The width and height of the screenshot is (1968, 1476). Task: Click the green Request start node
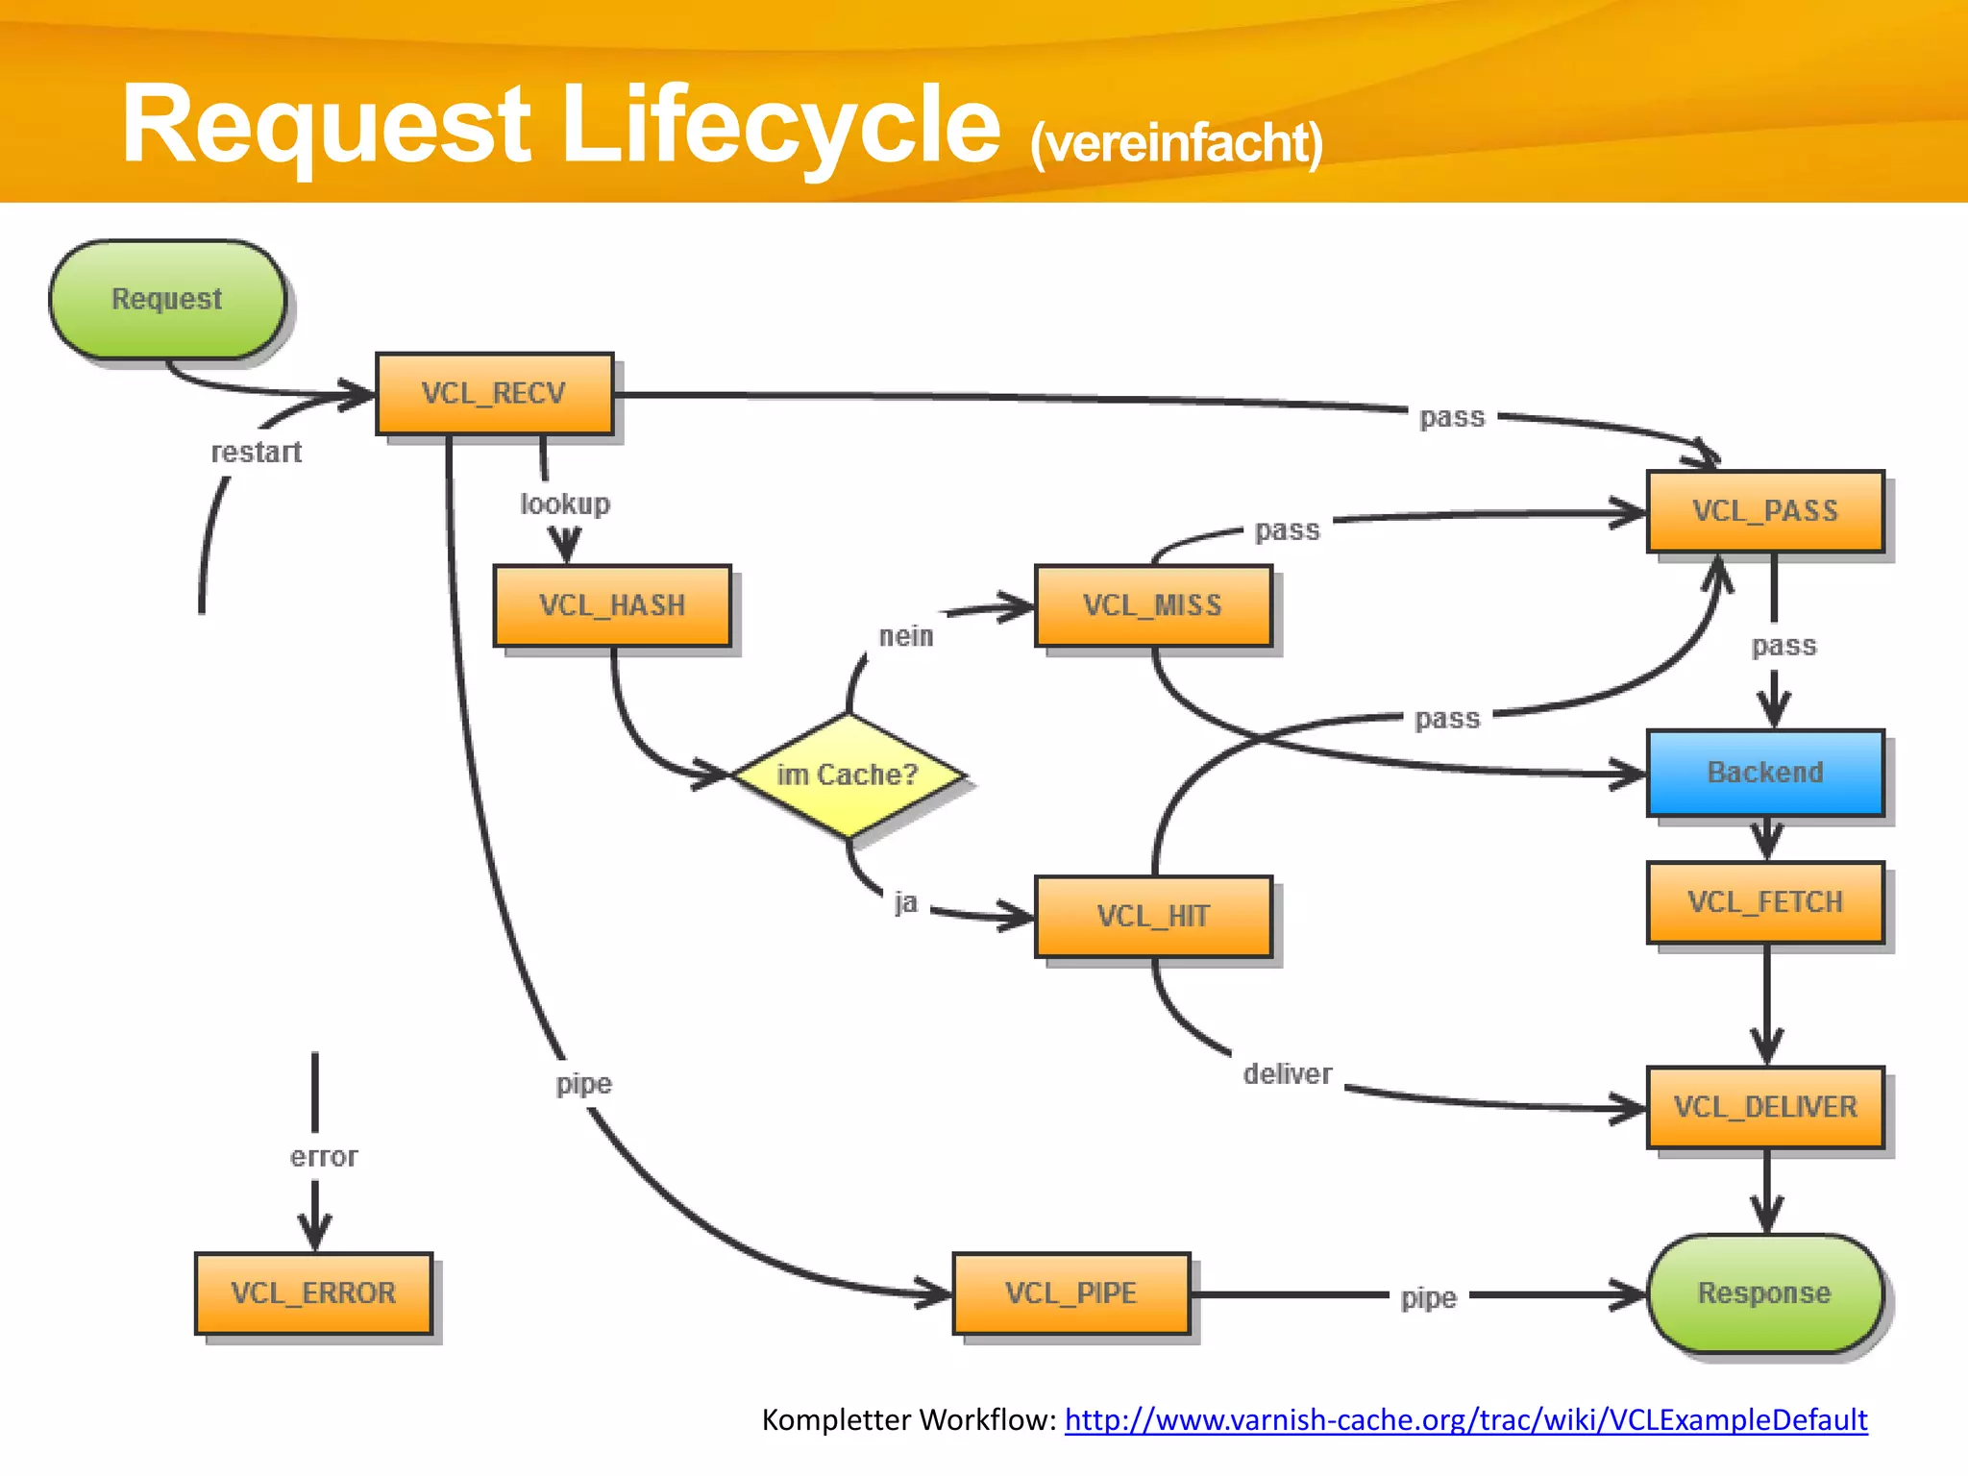[x=167, y=300]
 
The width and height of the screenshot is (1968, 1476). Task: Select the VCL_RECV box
[x=494, y=394]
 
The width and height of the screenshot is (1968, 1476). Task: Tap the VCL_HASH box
[x=612, y=606]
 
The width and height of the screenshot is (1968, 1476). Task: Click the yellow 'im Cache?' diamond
[x=848, y=775]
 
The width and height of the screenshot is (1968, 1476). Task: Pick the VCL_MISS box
[x=1153, y=606]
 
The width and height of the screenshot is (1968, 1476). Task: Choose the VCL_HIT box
[x=1153, y=917]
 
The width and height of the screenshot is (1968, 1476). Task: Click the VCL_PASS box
[x=1765, y=511]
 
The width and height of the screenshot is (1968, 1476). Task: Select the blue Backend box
[x=1765, y=773]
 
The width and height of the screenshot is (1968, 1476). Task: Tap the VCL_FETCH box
[x=1765, y=902]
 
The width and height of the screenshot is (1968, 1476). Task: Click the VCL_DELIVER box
[x=1765, y=1107]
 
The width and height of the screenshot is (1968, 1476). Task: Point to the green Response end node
[x=1765, y=1293]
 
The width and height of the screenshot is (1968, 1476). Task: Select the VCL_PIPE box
[x=1071, y=1293]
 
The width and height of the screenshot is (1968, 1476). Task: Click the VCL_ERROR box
[x=313, y=1293]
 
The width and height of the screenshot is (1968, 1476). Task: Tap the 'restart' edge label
[x=257, y=453]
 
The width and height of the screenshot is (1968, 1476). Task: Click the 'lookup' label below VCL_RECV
[x=565, y=504]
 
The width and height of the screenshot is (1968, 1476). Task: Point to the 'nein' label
[x=906, y=636]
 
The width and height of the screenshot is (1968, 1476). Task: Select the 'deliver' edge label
[x=1288, y=1074]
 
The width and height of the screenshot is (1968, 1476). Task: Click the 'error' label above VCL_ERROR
[x=324, y=1157]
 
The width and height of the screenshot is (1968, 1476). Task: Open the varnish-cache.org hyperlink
[x=1465, y=1420]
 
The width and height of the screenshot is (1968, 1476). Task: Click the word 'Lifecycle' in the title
[x=780, y=125]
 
